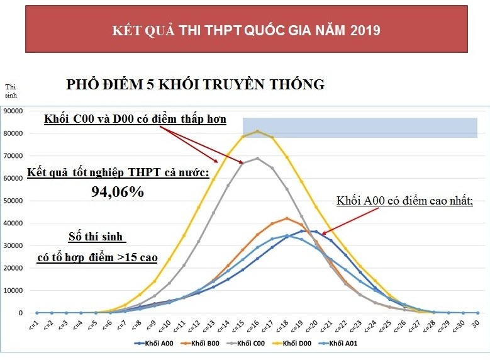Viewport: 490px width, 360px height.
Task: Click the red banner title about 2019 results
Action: [245, 30]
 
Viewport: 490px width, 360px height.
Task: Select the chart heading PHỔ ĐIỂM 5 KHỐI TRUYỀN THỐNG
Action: [196, 84]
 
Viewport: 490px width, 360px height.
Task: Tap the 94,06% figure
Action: [118, 193]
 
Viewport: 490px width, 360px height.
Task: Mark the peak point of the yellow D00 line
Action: [257, 131]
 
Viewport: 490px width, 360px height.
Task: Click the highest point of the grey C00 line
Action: [257, 158]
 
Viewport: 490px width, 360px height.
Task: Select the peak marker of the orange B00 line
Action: [287, 218]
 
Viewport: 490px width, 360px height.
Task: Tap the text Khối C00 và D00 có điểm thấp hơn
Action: [135, 119]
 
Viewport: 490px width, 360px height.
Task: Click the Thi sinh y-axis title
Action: [11, 91]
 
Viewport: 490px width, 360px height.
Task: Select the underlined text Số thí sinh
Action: [97, 238]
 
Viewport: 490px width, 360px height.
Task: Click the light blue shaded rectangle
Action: [360, 127]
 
